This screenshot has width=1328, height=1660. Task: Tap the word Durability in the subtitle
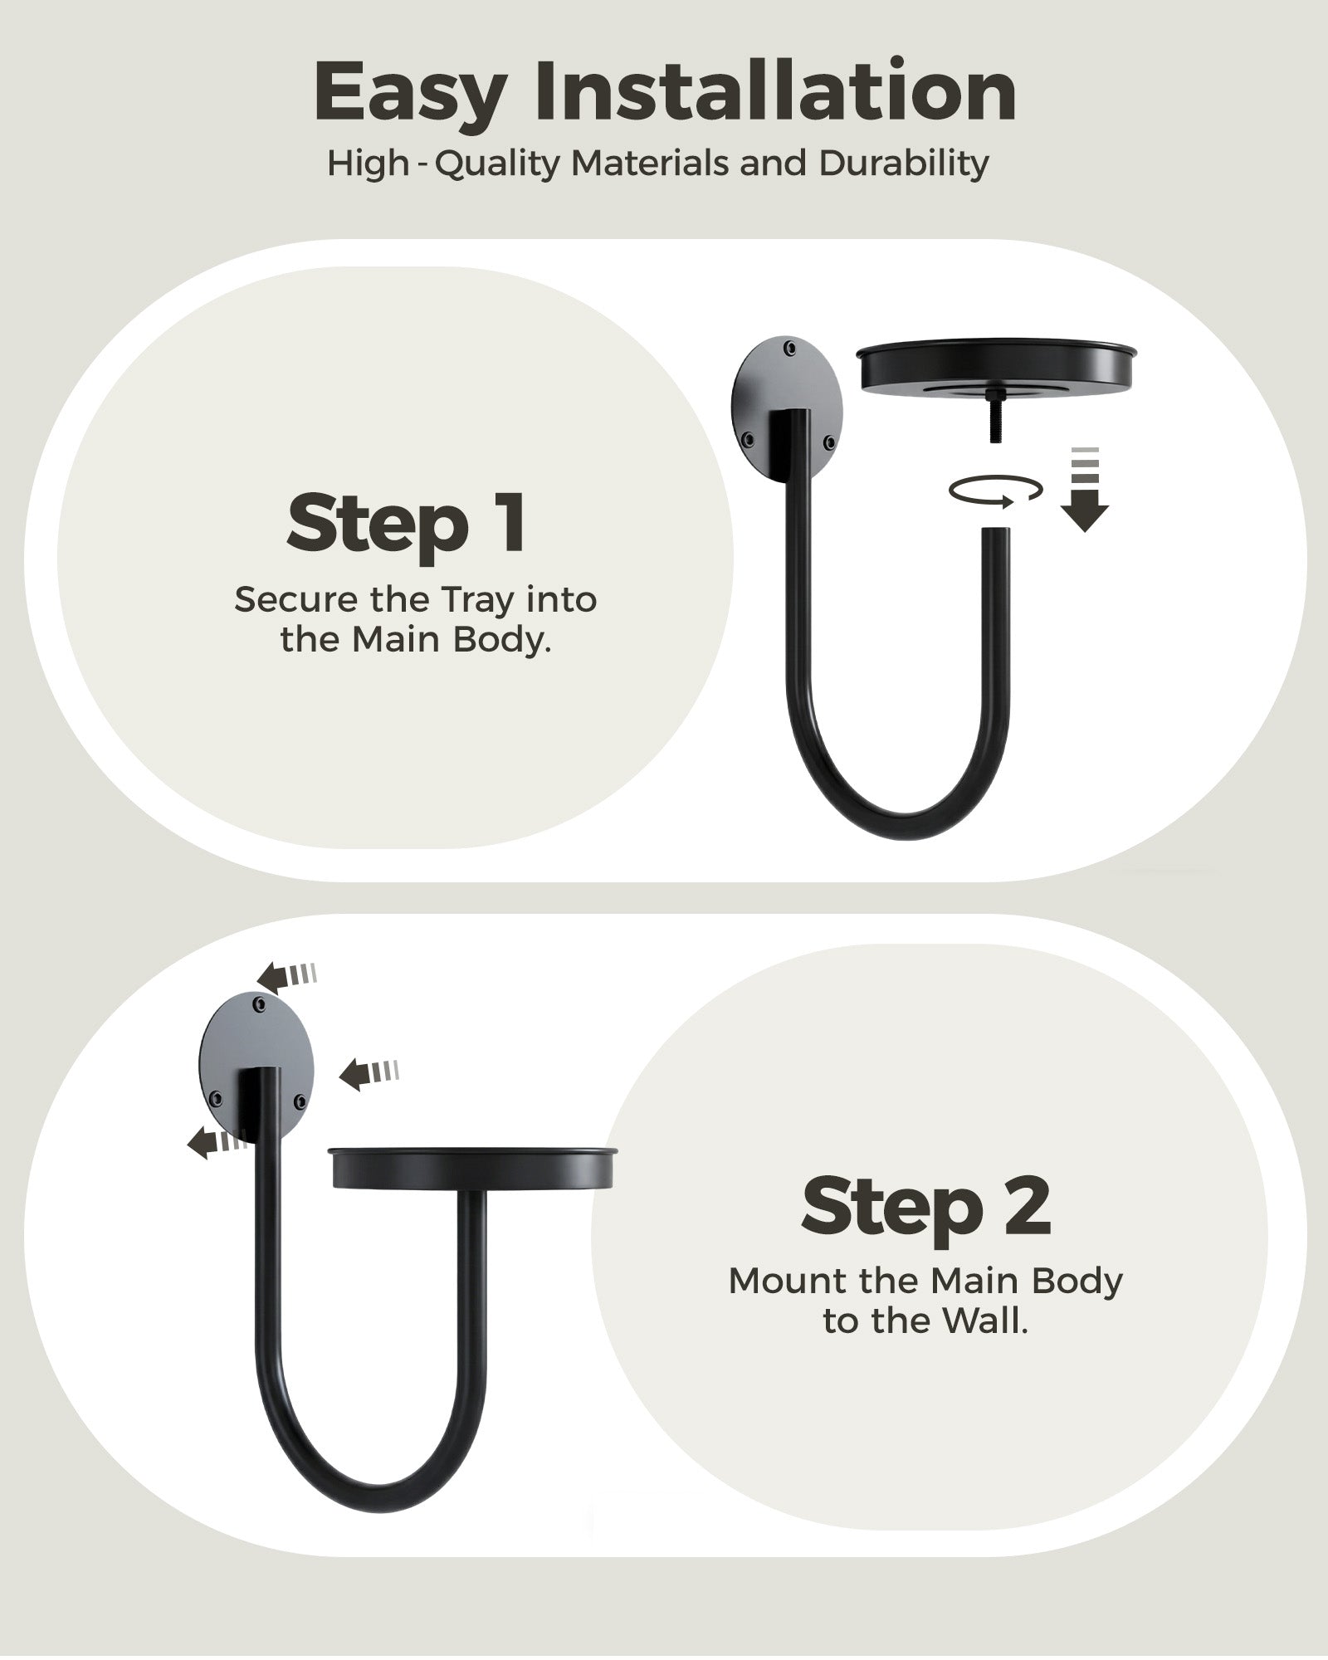(x=904, y=164)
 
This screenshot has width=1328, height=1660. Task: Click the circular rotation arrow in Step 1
(x=996, y=491)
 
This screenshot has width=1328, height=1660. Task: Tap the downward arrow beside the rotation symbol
(x=1085, y=490)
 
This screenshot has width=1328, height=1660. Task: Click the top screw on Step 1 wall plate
(x=790, y=347)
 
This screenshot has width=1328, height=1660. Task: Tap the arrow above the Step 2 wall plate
(x=286, y=974)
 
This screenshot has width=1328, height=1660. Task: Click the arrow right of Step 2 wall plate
(x=369, y=1074)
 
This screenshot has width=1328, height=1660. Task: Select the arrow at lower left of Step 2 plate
(x=217, y=1144)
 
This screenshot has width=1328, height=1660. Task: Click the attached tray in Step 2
(x=473, y=1168)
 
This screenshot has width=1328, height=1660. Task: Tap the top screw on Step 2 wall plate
(x=260, y=1005)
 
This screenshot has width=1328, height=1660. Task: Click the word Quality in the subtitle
(x=499, y=164)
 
